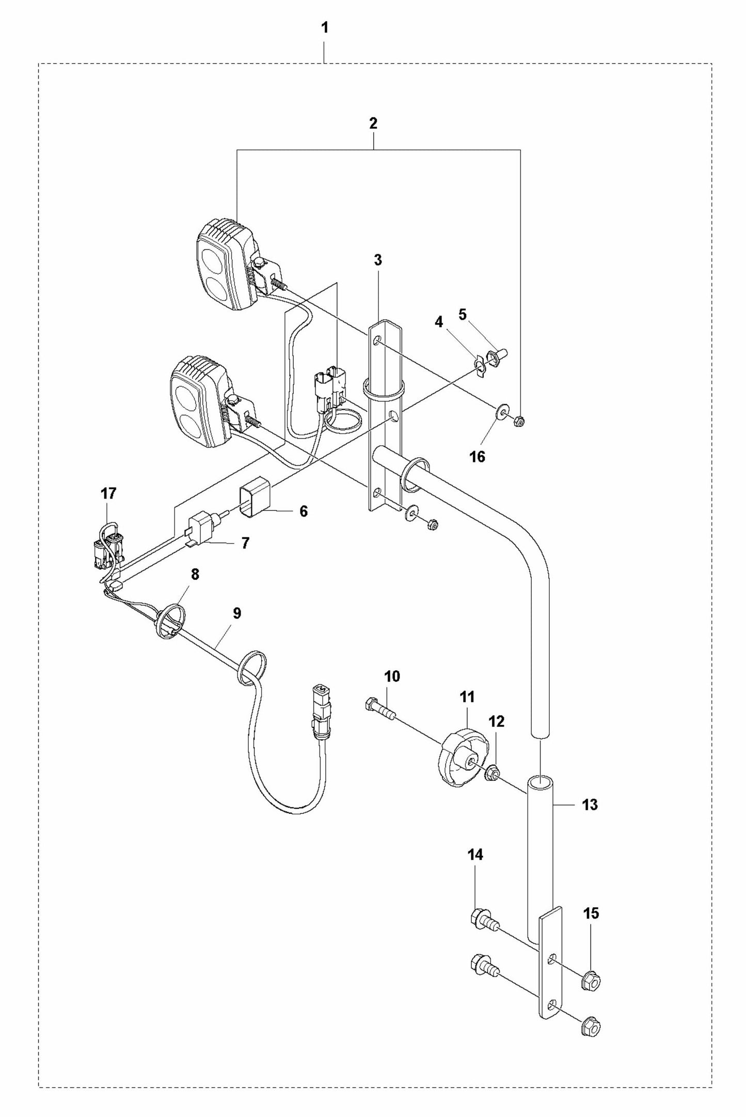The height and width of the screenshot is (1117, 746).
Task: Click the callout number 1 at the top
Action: pos(324,28)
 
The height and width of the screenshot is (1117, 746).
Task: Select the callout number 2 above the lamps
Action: pos(373,123)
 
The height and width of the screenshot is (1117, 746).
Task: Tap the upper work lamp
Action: pos(228,264)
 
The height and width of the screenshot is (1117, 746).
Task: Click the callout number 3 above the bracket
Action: pos(377,260)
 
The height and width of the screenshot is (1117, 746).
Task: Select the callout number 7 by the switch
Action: pos(245,543)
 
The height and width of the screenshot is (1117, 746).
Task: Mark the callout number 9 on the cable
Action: pos(237,613)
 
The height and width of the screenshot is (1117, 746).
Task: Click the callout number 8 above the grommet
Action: pos(195,575)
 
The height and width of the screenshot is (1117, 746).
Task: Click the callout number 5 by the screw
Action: pos(462,314)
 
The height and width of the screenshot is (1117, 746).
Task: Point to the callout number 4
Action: pos(439,322)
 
